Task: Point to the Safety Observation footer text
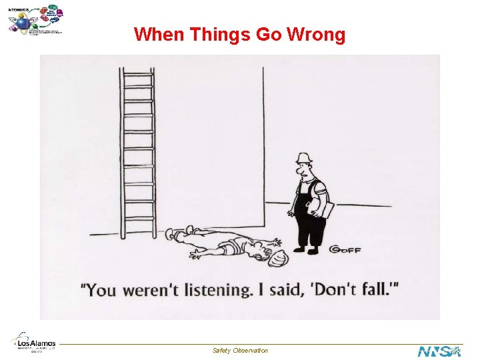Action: [240, 350]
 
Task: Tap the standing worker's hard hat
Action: [305, 158]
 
